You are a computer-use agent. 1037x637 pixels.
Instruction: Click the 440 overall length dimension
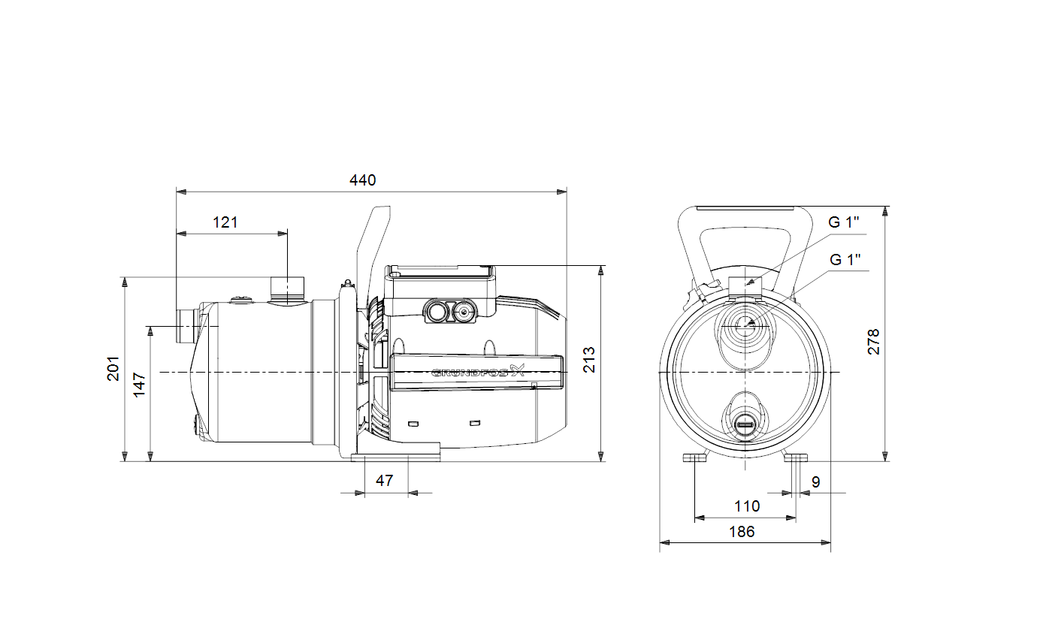pyautogui.click(x=362, y=180)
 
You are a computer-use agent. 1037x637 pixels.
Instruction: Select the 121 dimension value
pyautogui.click(x=225, y=222)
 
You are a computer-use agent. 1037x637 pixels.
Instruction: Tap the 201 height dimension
pyautogui.click(x=113, y=369)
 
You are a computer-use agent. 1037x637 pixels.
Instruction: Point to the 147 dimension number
pyautogui.click(x=139, y=385)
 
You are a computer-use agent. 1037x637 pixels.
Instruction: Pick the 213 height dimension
pyautogui.click(x=589, y=360)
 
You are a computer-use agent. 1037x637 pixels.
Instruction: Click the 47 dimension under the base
pyautogui.click(x=384, y=481)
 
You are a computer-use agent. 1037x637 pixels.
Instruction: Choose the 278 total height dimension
pyautogui.click(x=873, y=342)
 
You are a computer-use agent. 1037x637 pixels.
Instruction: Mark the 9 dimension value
pyautogui.click(x=816, y=482)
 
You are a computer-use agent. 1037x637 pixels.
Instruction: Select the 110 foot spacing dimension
pyautogui.click(x=747, y=506)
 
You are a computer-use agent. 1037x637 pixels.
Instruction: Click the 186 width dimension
pyautogui.click(x=742, y=531)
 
